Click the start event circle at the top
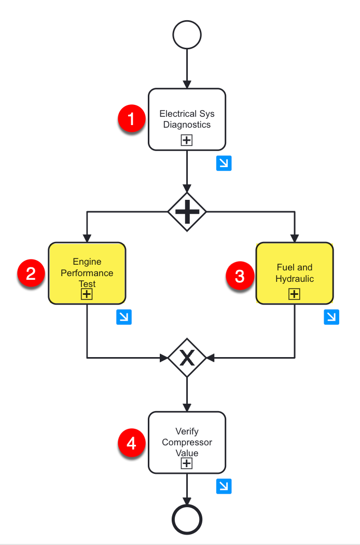187,36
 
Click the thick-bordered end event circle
187,519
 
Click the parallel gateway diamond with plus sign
187,211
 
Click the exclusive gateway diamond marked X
187,357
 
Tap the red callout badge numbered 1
131,119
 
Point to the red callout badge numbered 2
31,274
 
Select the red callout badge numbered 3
240,276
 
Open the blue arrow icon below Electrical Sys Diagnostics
224,163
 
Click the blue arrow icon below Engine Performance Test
124,317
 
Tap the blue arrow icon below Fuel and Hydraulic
331,317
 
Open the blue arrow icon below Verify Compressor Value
224,486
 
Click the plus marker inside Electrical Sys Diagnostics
187,140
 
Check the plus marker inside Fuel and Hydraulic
294,294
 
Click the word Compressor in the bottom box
187,442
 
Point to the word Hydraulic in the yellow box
294,279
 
